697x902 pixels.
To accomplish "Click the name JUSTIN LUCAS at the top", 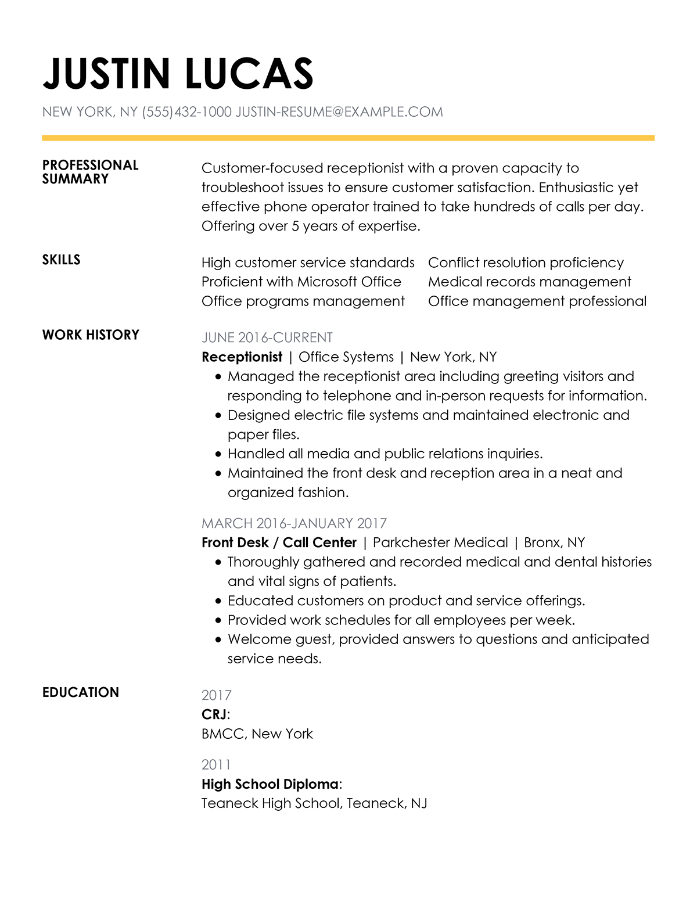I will point(178,74).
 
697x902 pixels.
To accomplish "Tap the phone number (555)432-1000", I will point(186,112).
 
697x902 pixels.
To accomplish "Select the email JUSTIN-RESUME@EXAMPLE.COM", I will point(339,112).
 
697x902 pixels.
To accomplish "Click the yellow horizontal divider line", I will point(348,138).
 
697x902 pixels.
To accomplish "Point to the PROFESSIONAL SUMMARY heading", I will point(90,172).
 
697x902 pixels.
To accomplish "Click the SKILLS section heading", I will point(61,260).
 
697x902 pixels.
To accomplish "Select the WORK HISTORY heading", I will point(91,335).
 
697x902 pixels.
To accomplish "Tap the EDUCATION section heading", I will point(80,692).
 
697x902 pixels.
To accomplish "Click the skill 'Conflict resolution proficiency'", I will point(526,263).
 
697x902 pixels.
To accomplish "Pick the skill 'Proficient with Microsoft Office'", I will point(301,282).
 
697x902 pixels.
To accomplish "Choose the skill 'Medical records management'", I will point(529,282).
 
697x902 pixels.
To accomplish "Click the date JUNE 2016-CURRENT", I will point(267,337).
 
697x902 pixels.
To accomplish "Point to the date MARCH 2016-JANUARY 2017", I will point(294,523).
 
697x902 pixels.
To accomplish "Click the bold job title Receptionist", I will point(242,357).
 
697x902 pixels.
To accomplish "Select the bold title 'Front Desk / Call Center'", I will point(279,542).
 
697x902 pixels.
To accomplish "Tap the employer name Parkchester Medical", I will point(440,542).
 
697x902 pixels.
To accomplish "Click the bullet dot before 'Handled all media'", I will point(218,454).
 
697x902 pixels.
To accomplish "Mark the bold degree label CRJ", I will point(214,714).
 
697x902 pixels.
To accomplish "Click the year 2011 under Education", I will point(216,764).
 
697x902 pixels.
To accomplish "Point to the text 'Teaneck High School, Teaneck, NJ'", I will point(314,803).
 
